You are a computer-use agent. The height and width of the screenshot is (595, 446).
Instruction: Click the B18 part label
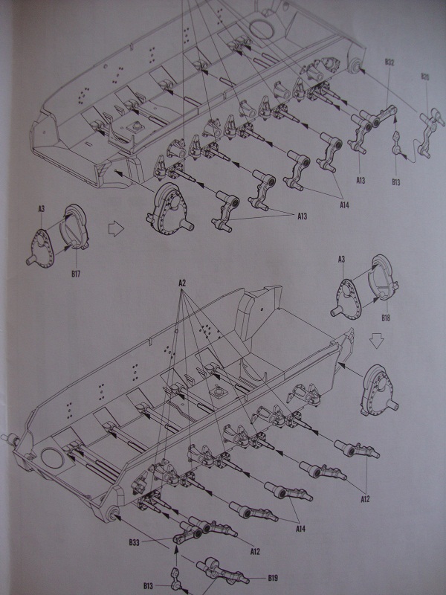pos(387,318)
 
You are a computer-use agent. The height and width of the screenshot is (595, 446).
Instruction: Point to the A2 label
pos(182,284)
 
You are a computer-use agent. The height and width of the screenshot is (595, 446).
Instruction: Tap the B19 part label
pos(274,576)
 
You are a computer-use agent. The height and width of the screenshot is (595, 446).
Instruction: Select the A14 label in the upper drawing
pos(343,203)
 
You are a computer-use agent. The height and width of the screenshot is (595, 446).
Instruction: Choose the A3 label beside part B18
pos(341,259)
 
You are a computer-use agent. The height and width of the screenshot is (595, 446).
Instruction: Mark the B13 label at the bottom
pos(149,587)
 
